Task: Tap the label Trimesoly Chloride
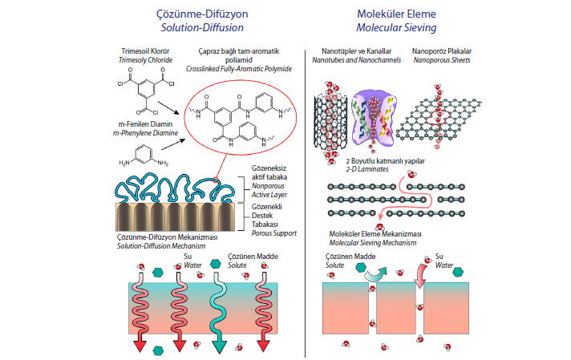tap(148, 60)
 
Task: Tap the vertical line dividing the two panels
tap(306, 200)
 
